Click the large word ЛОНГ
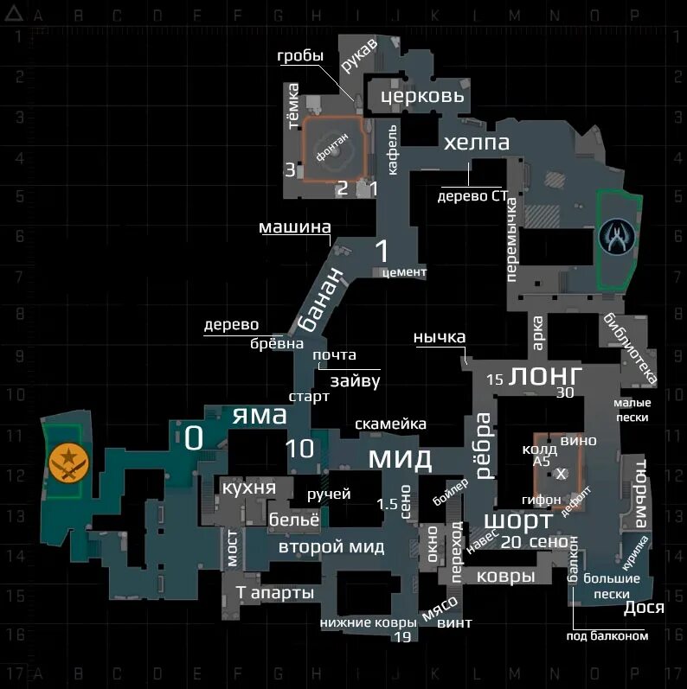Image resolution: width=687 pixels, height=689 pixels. point(546,375)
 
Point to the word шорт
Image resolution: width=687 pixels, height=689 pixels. point(517,520)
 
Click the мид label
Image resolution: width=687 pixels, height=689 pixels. point(400,457)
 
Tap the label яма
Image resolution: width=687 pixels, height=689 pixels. point(259,416)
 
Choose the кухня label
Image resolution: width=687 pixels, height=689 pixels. point(249,488)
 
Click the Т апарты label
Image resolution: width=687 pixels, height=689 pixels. point(275,593)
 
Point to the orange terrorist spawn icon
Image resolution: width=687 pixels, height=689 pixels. point(64,463)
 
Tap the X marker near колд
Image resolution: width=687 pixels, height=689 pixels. point(561,474)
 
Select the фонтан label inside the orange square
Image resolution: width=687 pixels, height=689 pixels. point(333,149)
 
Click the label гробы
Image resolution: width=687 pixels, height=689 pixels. point(300,56)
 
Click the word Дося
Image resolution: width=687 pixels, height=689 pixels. point(644,607)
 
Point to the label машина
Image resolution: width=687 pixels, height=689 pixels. point(295,228)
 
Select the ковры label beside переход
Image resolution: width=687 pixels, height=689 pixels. point(506,577)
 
